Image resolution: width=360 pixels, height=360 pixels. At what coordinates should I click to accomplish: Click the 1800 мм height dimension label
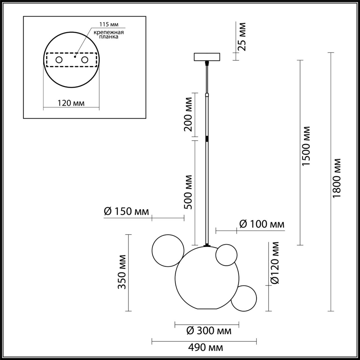point(337,178)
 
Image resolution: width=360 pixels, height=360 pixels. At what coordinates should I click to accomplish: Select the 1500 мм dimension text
point(306,146)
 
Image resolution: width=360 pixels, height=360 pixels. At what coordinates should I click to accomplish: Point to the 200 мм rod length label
point(188,114)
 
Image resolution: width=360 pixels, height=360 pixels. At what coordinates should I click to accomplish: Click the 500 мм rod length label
point(188,192)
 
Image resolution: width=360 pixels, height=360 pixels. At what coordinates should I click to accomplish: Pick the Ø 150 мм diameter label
point(126,211)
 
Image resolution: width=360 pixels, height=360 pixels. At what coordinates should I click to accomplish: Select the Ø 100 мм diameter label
point(262,224)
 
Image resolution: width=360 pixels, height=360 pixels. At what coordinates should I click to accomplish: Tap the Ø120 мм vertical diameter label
point(274,263)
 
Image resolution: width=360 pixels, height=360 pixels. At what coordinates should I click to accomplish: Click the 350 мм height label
point(122,272)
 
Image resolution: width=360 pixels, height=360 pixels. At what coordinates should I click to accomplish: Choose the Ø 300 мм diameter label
point(209,331)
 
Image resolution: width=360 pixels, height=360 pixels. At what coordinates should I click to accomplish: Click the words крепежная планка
point(109,34)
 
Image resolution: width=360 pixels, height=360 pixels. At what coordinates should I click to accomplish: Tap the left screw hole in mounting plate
point(59,60)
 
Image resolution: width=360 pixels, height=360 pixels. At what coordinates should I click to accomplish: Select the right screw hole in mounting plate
point(84,60)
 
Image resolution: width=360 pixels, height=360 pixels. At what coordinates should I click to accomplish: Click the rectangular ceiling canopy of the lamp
point(207,57)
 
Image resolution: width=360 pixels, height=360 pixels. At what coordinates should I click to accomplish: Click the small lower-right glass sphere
point(244,298)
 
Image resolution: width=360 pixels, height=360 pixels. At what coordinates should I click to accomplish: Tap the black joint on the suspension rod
point(207,139)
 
